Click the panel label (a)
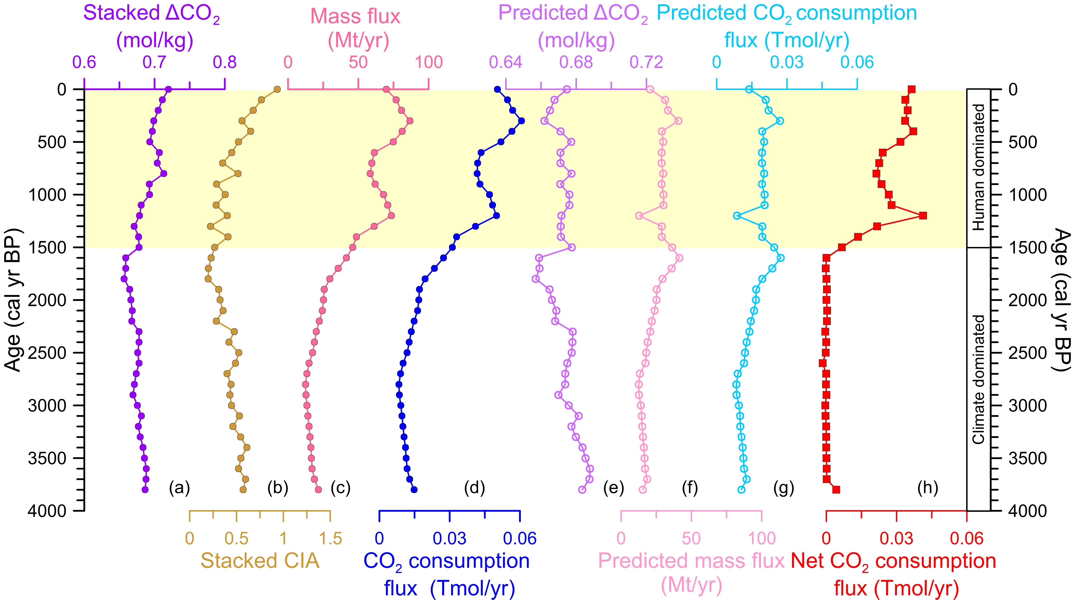[x=180, y=487]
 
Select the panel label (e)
[x=613, y=487]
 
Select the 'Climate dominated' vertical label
[x=978, y=379]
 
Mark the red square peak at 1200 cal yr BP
[x=923, y=215]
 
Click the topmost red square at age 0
[x=911, y=89]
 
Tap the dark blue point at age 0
[x=497, y=89]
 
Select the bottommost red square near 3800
[x=836, y=489]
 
